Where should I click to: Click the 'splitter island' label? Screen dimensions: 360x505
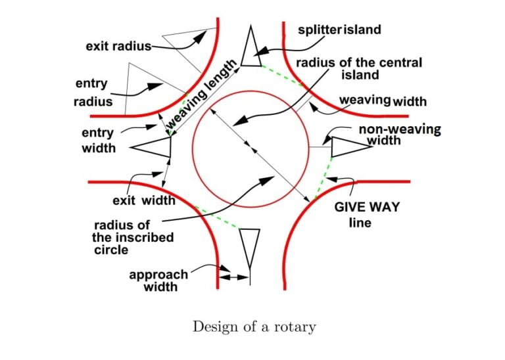[339, 30]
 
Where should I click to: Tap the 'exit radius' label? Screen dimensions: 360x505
[118, 47]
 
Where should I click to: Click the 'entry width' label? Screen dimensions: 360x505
[98, 141]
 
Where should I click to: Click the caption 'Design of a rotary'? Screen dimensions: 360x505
[253, 327]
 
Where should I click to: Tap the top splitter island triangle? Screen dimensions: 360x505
[251, 49]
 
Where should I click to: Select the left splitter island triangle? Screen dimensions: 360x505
[155, 147]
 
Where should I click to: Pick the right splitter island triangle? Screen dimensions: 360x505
[345, 146]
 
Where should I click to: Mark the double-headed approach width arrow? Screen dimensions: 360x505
[234, 279]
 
